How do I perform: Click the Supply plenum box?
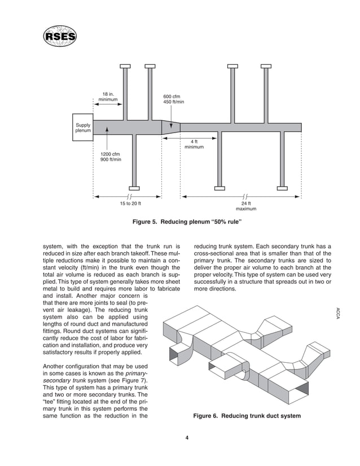point(83,128)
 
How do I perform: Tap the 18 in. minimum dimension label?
point(108,96)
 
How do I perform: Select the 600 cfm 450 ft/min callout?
point(174,99)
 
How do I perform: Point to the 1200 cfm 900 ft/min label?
point(111,156)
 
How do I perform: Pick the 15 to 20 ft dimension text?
point(130,203)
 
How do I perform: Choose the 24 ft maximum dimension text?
point(246,206)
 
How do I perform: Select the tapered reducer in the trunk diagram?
point(170,127)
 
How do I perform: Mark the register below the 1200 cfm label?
point(134,188)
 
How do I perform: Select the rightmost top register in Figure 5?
point(266,66)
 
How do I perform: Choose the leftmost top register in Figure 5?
point(125,66)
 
